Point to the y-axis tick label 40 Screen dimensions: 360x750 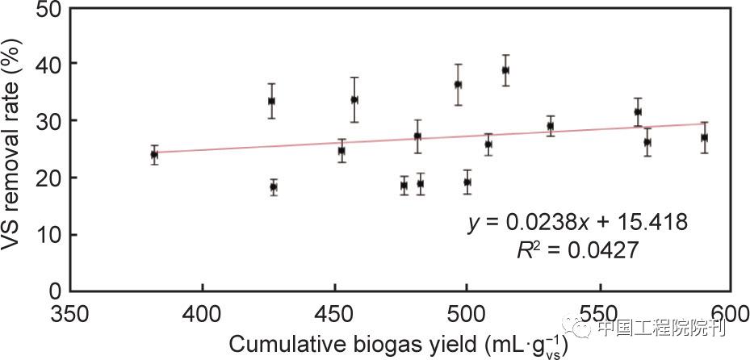(x=48, y=64)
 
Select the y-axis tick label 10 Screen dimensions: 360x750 (x=48, y=235)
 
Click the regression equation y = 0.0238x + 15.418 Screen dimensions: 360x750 (x=577, y=222)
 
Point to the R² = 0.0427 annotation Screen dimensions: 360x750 (x=577, y=251)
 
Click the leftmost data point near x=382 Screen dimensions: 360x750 (x=154, y=154)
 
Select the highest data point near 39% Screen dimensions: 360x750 (x=505, y=70)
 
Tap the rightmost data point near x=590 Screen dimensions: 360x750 (x=704, y=137)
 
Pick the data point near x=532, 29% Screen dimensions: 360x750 (x=551, y=126)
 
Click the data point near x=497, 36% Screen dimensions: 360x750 (x=458, y=84)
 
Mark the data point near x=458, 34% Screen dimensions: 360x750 (x=354, y=99)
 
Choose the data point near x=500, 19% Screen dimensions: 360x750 (x=467, y=182)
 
